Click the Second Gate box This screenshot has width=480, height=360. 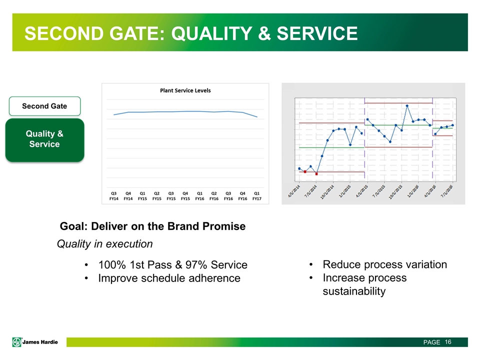(x=44, y=106)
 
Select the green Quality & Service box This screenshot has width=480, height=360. (x=44, y=140)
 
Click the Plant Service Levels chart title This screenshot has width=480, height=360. (x=185, y=90)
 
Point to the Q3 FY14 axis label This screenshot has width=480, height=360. (x=114, y=196)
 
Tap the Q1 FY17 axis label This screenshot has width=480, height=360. (x=257, y=196)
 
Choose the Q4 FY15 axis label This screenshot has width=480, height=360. (x=185, y=196)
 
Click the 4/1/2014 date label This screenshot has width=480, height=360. (x=294, y=191)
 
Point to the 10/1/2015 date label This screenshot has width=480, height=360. (x=396, y=192)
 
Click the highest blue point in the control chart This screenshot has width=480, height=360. (x=407, y=106)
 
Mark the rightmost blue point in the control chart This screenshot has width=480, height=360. (x=453, y=125)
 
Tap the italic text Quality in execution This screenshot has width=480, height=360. (x=104, y=244)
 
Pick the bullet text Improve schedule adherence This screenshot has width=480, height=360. (x=169, y=278)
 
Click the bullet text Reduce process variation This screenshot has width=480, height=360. (x=385, y=264)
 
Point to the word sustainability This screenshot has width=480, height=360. (x=354, y=291)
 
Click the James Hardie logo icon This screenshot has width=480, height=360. (x=17, y=342)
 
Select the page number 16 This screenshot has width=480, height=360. (x=448, y=342)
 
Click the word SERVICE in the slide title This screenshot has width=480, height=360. (x=317, y=33)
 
